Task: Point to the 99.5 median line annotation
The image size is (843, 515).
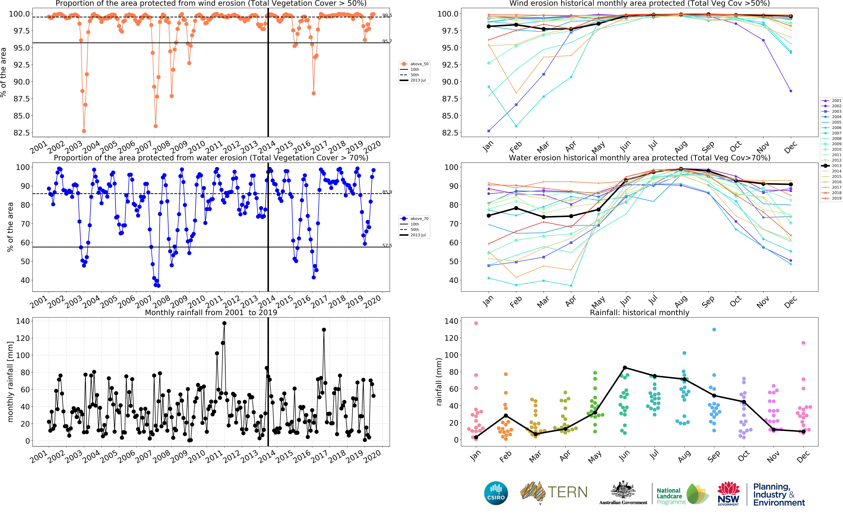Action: pyautogui.click(x=387, y=15)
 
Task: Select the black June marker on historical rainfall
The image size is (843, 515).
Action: pyautogui.click(x=625, y=367)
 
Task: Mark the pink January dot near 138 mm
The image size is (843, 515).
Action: pyautogui.click(x=476, y=323)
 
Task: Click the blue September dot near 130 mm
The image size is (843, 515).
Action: pyautogui.click(x=714, y=330)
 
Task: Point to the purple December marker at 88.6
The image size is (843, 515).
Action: pyautogui.click(x=791, y=91)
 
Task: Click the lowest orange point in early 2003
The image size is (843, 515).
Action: pyautogui.click(x=84, y=131)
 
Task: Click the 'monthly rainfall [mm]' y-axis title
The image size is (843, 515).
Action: pyautogui.click(x=10, y=382)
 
